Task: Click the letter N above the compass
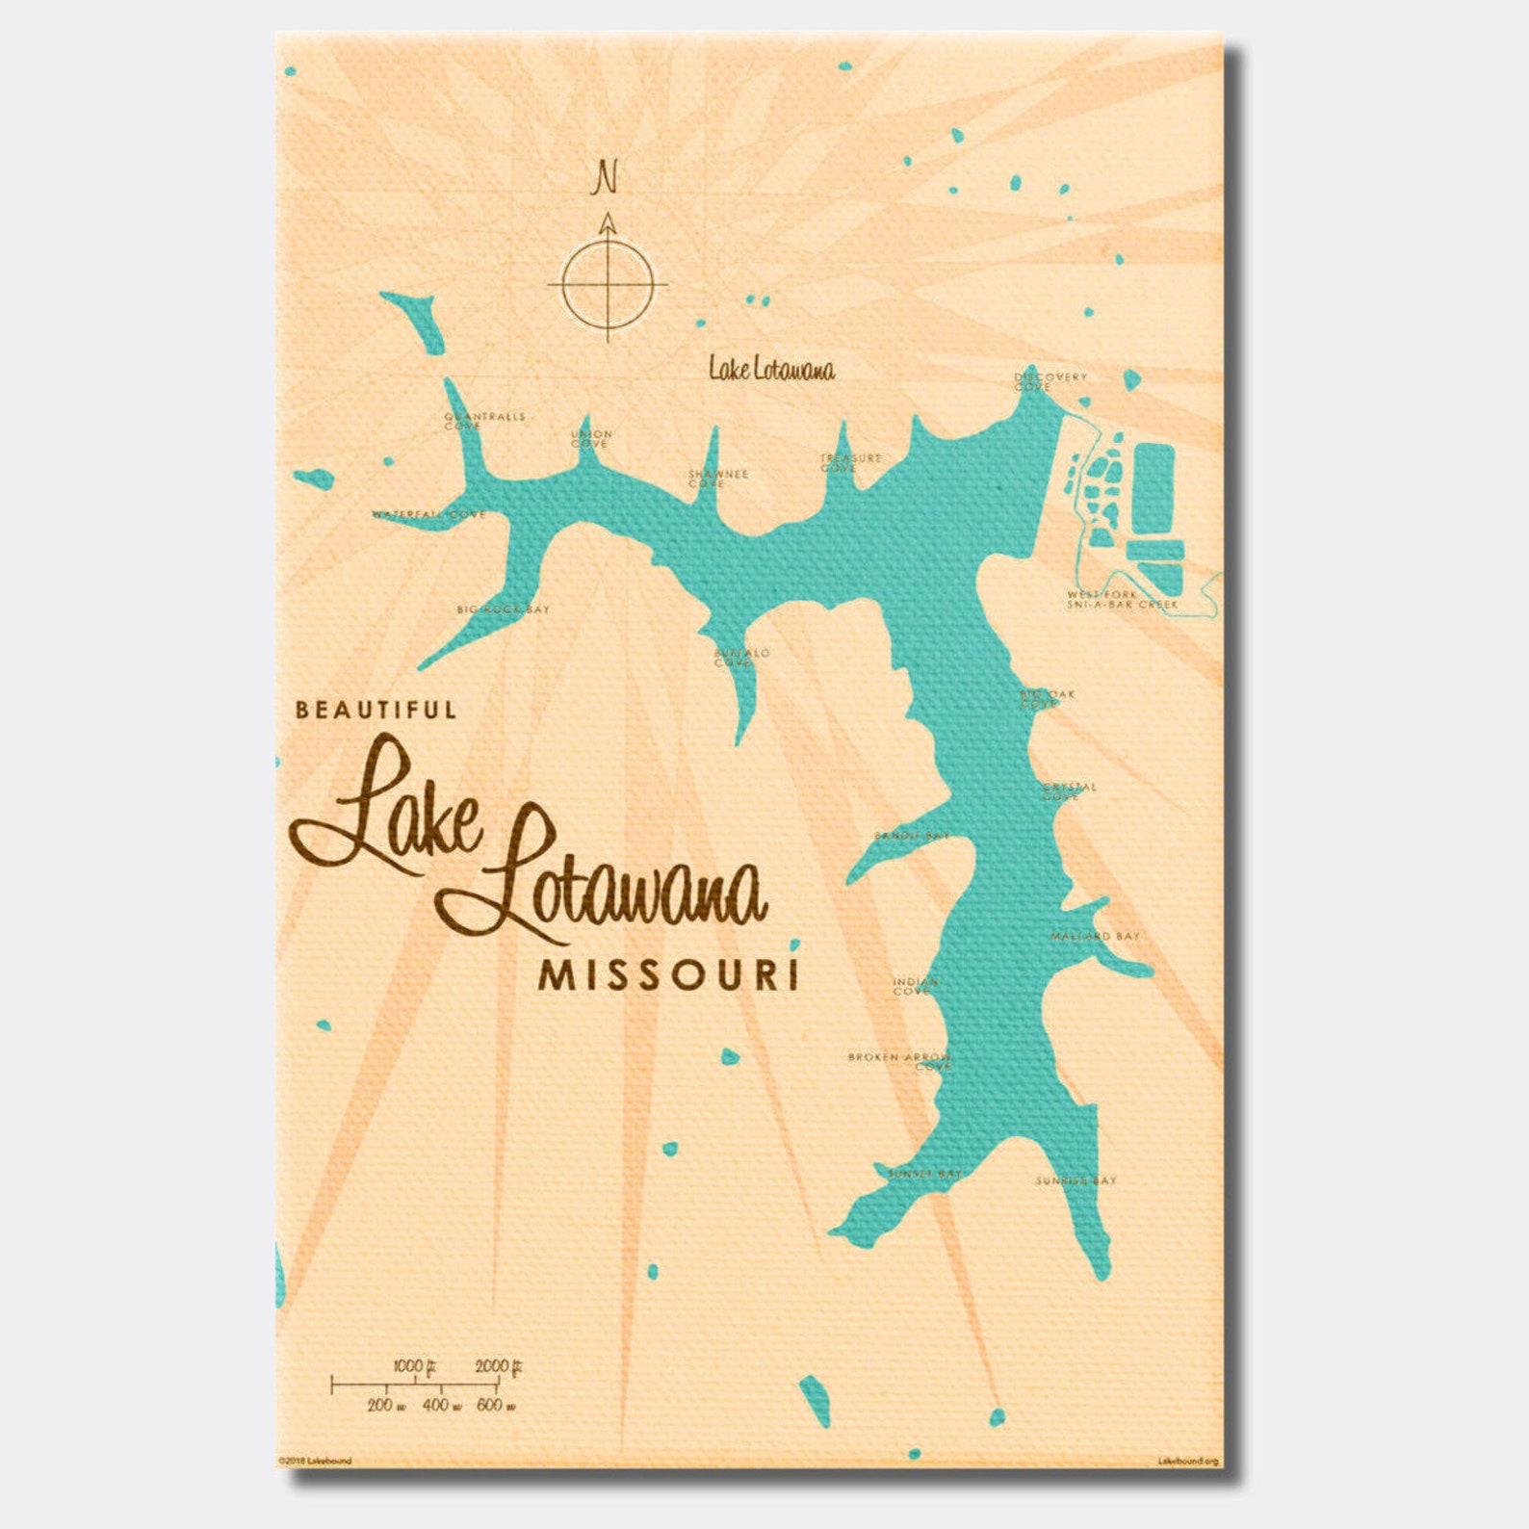point(606,178)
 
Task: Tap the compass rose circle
point(608,284)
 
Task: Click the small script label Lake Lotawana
point(771,369)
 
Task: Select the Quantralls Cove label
point(484,421)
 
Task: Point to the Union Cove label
point(591,439)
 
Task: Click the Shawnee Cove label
point(717,479)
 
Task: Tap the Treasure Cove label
point(850,462)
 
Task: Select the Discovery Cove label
point(1050,381)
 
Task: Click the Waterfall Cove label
point(429,515)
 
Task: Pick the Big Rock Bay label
point(503,609)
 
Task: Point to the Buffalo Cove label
point(741,658)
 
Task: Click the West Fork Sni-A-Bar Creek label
point(1122,600)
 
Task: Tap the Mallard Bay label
point(1095,936)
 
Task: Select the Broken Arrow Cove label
point(900,1061)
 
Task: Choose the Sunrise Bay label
point(1075,1180)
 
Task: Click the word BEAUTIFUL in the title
point(376,711)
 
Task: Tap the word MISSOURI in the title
point(669,976)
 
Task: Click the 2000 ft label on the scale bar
point(498,1366)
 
